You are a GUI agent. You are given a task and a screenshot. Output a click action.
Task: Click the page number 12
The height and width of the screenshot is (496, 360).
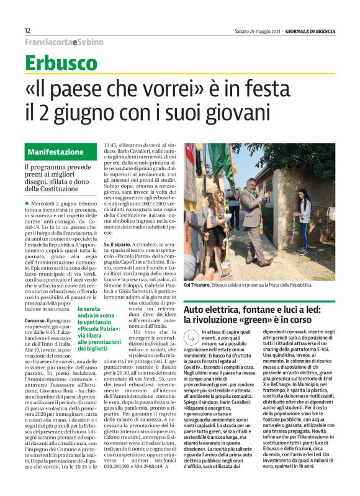pos(28,30)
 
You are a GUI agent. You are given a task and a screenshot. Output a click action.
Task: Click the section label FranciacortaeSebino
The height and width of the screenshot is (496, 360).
pos(64,42)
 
